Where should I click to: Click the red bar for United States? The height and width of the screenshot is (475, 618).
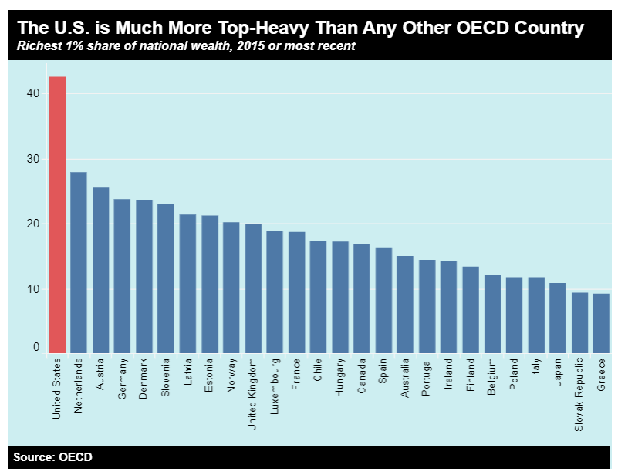pyautogui.click(x=57, y=216)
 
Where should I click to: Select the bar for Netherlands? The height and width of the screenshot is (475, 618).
pyautogui.click(x=79, y=262)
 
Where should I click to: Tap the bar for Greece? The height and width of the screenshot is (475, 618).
pyautogui.click(x=602, y=324)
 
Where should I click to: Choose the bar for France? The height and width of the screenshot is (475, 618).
pyautogui.click(x=296, y=293)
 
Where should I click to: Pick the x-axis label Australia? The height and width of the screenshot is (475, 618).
pyautogui.click(x=405, y=379)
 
